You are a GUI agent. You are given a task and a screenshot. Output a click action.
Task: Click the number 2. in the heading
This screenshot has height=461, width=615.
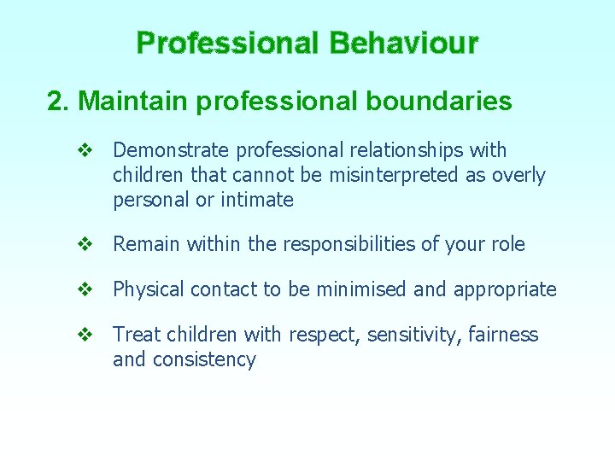[59, 102]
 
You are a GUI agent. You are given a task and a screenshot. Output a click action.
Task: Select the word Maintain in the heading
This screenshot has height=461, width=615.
[133, 102]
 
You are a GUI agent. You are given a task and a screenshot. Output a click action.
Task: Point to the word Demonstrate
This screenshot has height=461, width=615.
[172, 150]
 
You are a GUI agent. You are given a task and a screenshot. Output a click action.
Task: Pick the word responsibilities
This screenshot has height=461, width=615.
[359, 244]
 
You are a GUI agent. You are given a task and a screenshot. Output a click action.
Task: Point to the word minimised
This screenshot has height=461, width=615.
[360, 289]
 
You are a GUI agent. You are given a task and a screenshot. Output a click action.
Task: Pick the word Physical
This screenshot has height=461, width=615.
[149, 290]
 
